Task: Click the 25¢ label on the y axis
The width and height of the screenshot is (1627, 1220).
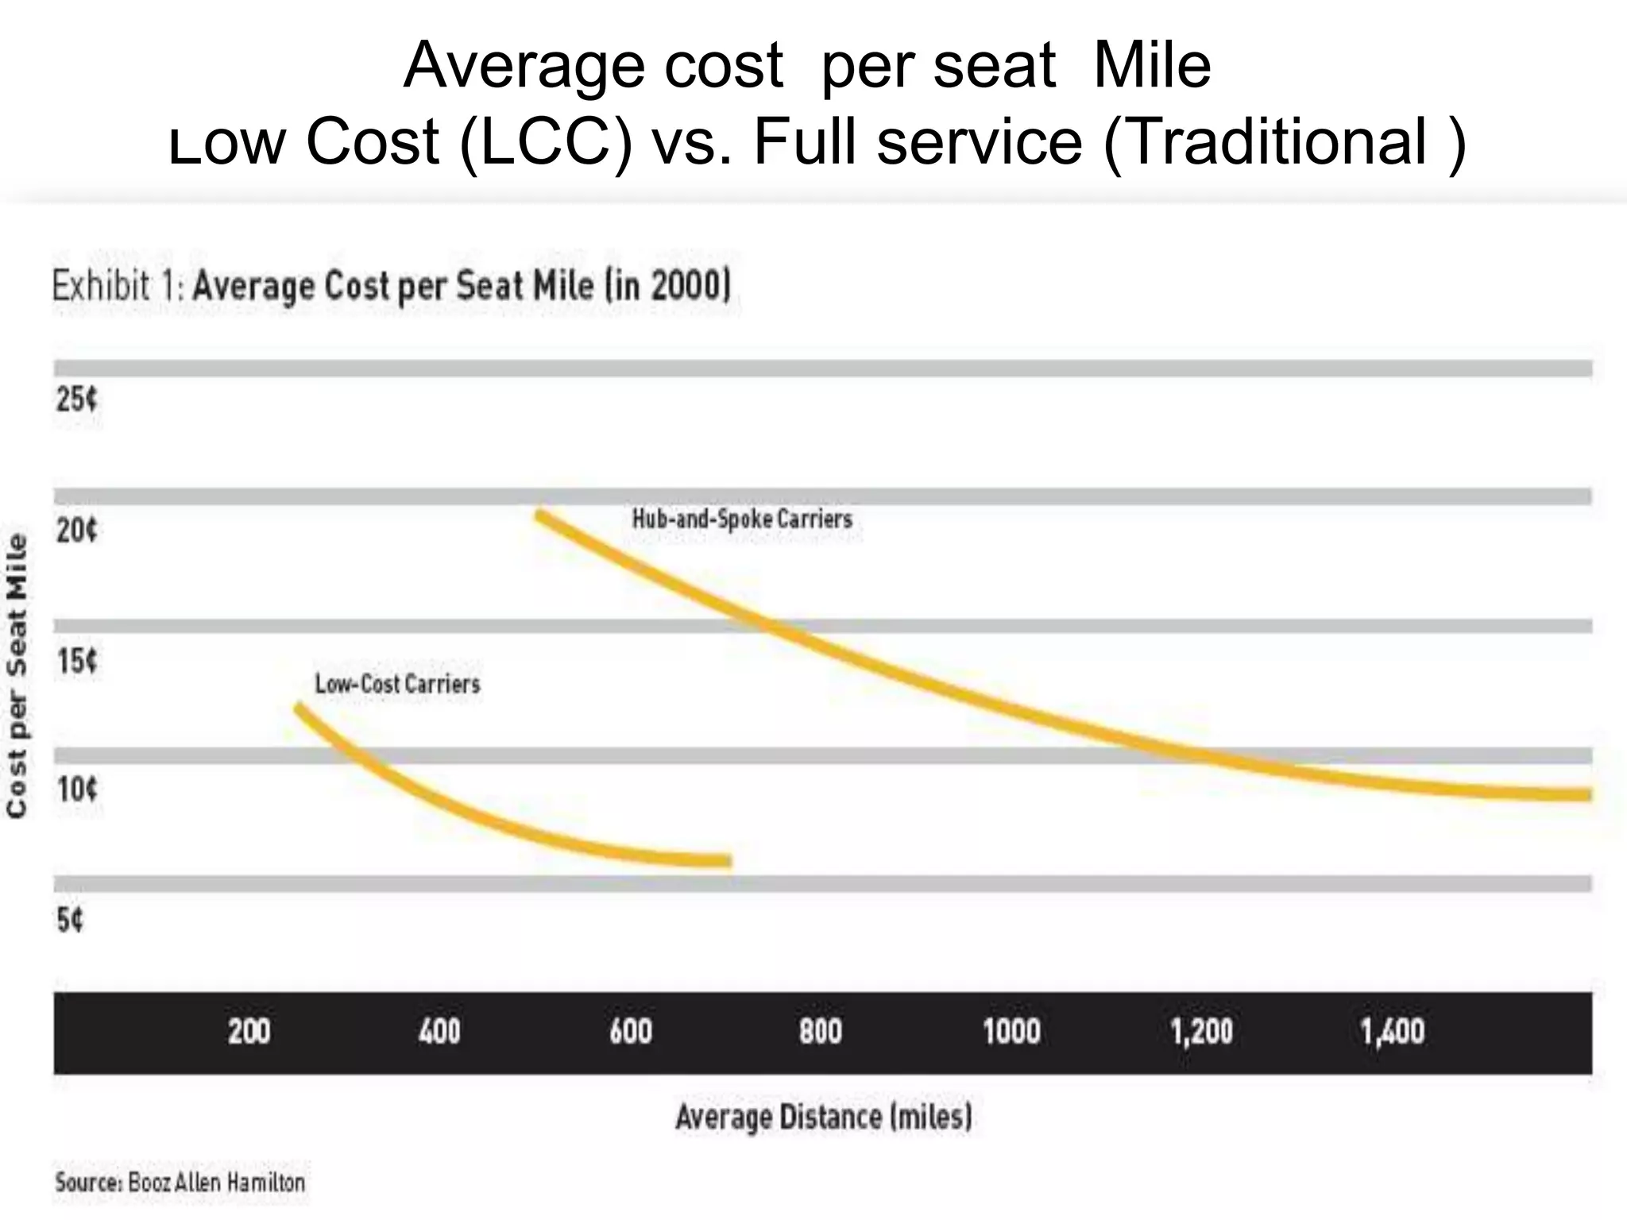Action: pos(76,400)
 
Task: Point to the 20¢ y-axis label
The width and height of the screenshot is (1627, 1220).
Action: pos(76,530)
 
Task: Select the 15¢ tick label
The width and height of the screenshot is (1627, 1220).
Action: pos(76,660)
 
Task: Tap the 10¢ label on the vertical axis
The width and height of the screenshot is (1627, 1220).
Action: pos(76,790)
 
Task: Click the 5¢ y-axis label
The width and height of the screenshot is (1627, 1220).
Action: pos(69,920)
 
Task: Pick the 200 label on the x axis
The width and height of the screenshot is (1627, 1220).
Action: pos(249,1032)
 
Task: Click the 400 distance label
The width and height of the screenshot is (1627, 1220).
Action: pos(439,1032)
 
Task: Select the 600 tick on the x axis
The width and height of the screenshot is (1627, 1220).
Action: pos(630,1032)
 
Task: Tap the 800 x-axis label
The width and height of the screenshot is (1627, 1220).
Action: pos(820,1032)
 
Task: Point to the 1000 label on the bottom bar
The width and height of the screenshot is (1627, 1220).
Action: pos(1011,1032)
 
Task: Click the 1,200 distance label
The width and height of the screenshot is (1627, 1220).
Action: pos(1201,1032)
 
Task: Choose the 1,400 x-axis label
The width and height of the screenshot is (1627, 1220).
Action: pos(1392,1032)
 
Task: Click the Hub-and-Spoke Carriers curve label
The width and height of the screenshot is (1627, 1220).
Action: pos(742,519)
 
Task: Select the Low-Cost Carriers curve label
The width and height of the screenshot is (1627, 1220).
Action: pos(397,684)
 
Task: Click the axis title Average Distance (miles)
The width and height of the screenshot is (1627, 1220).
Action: pos(824,1118)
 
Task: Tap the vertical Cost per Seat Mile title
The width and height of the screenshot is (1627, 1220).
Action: pos(17,675)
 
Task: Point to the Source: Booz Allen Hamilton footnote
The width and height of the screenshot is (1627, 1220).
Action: pos(180,1183)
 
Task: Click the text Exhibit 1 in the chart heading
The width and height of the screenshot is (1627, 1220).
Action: pos(117,286)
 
